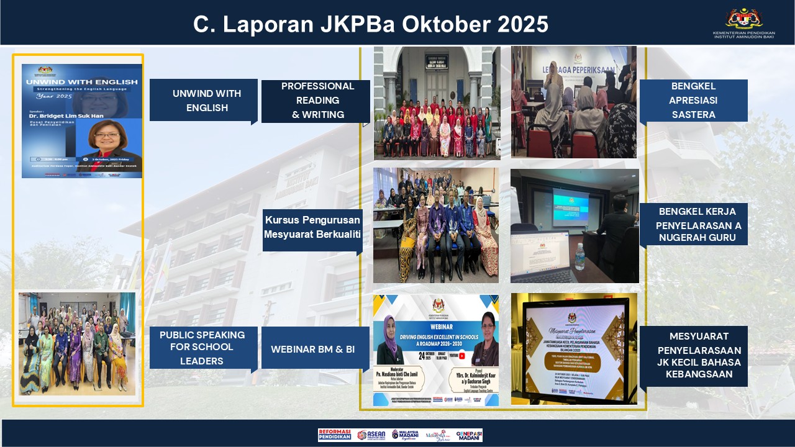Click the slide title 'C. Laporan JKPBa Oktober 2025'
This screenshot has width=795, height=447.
point(370,24)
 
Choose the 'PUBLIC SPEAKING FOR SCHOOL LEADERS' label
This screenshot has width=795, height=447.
point(202,348)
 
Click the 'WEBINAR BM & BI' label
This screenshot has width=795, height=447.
point(312,350)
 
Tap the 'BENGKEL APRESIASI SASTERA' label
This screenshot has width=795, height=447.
point(693,101)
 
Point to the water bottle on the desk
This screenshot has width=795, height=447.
point(579,256)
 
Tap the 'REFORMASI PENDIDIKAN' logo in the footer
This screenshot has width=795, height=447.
point(334,435)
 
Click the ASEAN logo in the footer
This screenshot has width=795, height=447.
point(371,435)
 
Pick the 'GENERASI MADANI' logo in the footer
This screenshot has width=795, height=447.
point(469,435)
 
